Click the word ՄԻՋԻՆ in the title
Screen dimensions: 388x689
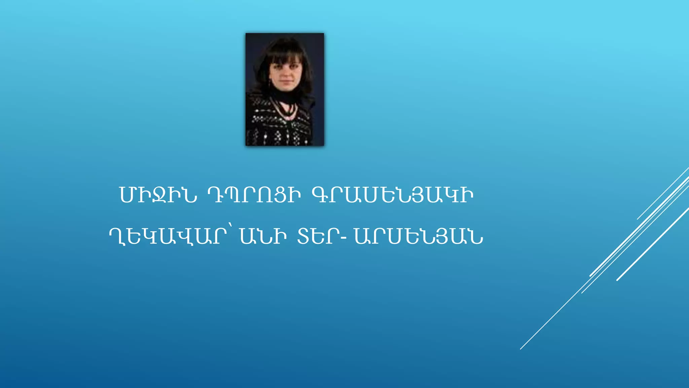pyautogui.click(x=158, y=195)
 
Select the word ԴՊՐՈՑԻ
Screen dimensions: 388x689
pyautogui.click(x=254, y=195)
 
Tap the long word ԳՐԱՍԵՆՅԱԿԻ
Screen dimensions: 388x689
pyautogui.click(x=393, y=195)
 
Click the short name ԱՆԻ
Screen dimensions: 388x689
pyautogui.click(x=263, y=236)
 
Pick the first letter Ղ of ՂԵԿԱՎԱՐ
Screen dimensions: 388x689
pyautogui.click(x=117, y=237)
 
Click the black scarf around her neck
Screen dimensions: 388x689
pyautogui.click(x=286, y=96)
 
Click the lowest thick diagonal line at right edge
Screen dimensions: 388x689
pyautogui.click(x=653, y=244)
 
